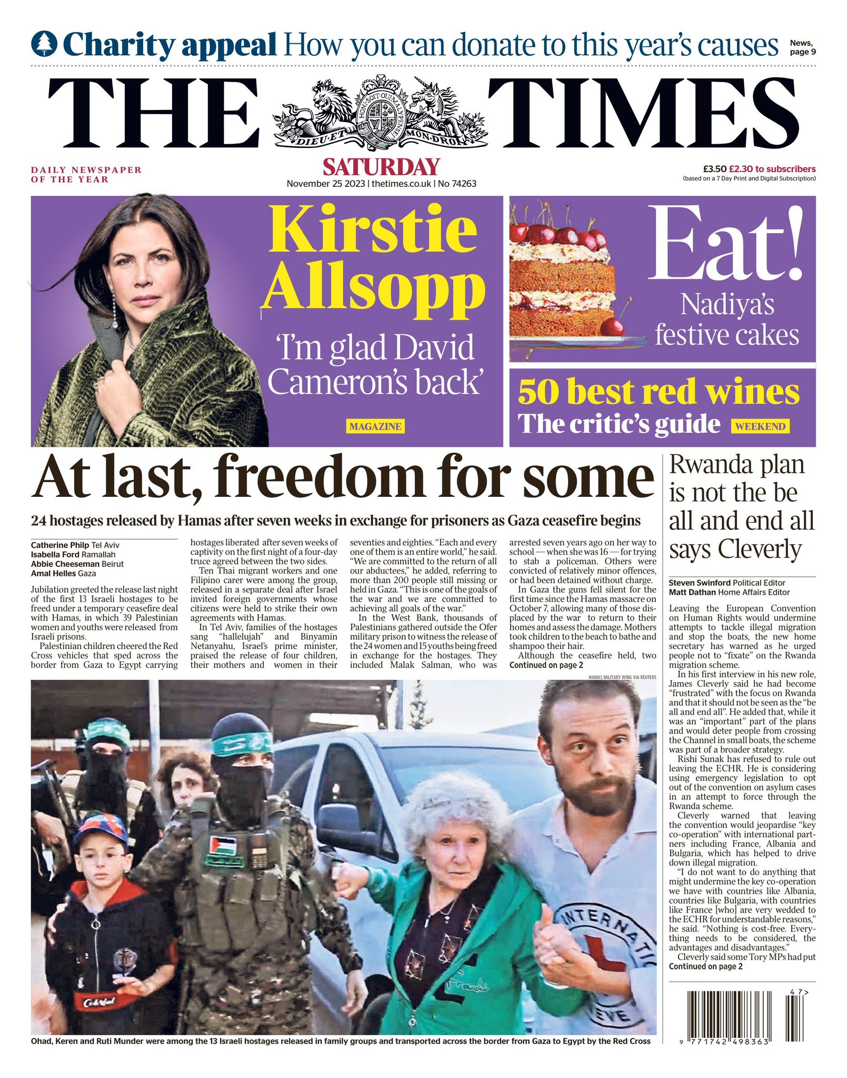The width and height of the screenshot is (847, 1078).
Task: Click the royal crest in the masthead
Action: point(380,113)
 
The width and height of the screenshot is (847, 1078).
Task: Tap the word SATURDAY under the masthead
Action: point(381,167)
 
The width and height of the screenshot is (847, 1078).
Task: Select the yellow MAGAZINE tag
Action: point(375,426)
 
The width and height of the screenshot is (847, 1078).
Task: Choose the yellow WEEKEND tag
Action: point(760,426)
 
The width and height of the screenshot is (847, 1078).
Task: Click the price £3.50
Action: point(714,169)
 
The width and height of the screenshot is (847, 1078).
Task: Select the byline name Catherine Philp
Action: point(59,545)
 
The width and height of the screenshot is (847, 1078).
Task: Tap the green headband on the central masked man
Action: point(243,743)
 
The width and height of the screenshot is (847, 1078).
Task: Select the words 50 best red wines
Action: point(658,392)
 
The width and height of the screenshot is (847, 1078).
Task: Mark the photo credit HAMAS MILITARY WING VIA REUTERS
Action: point(622,677)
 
